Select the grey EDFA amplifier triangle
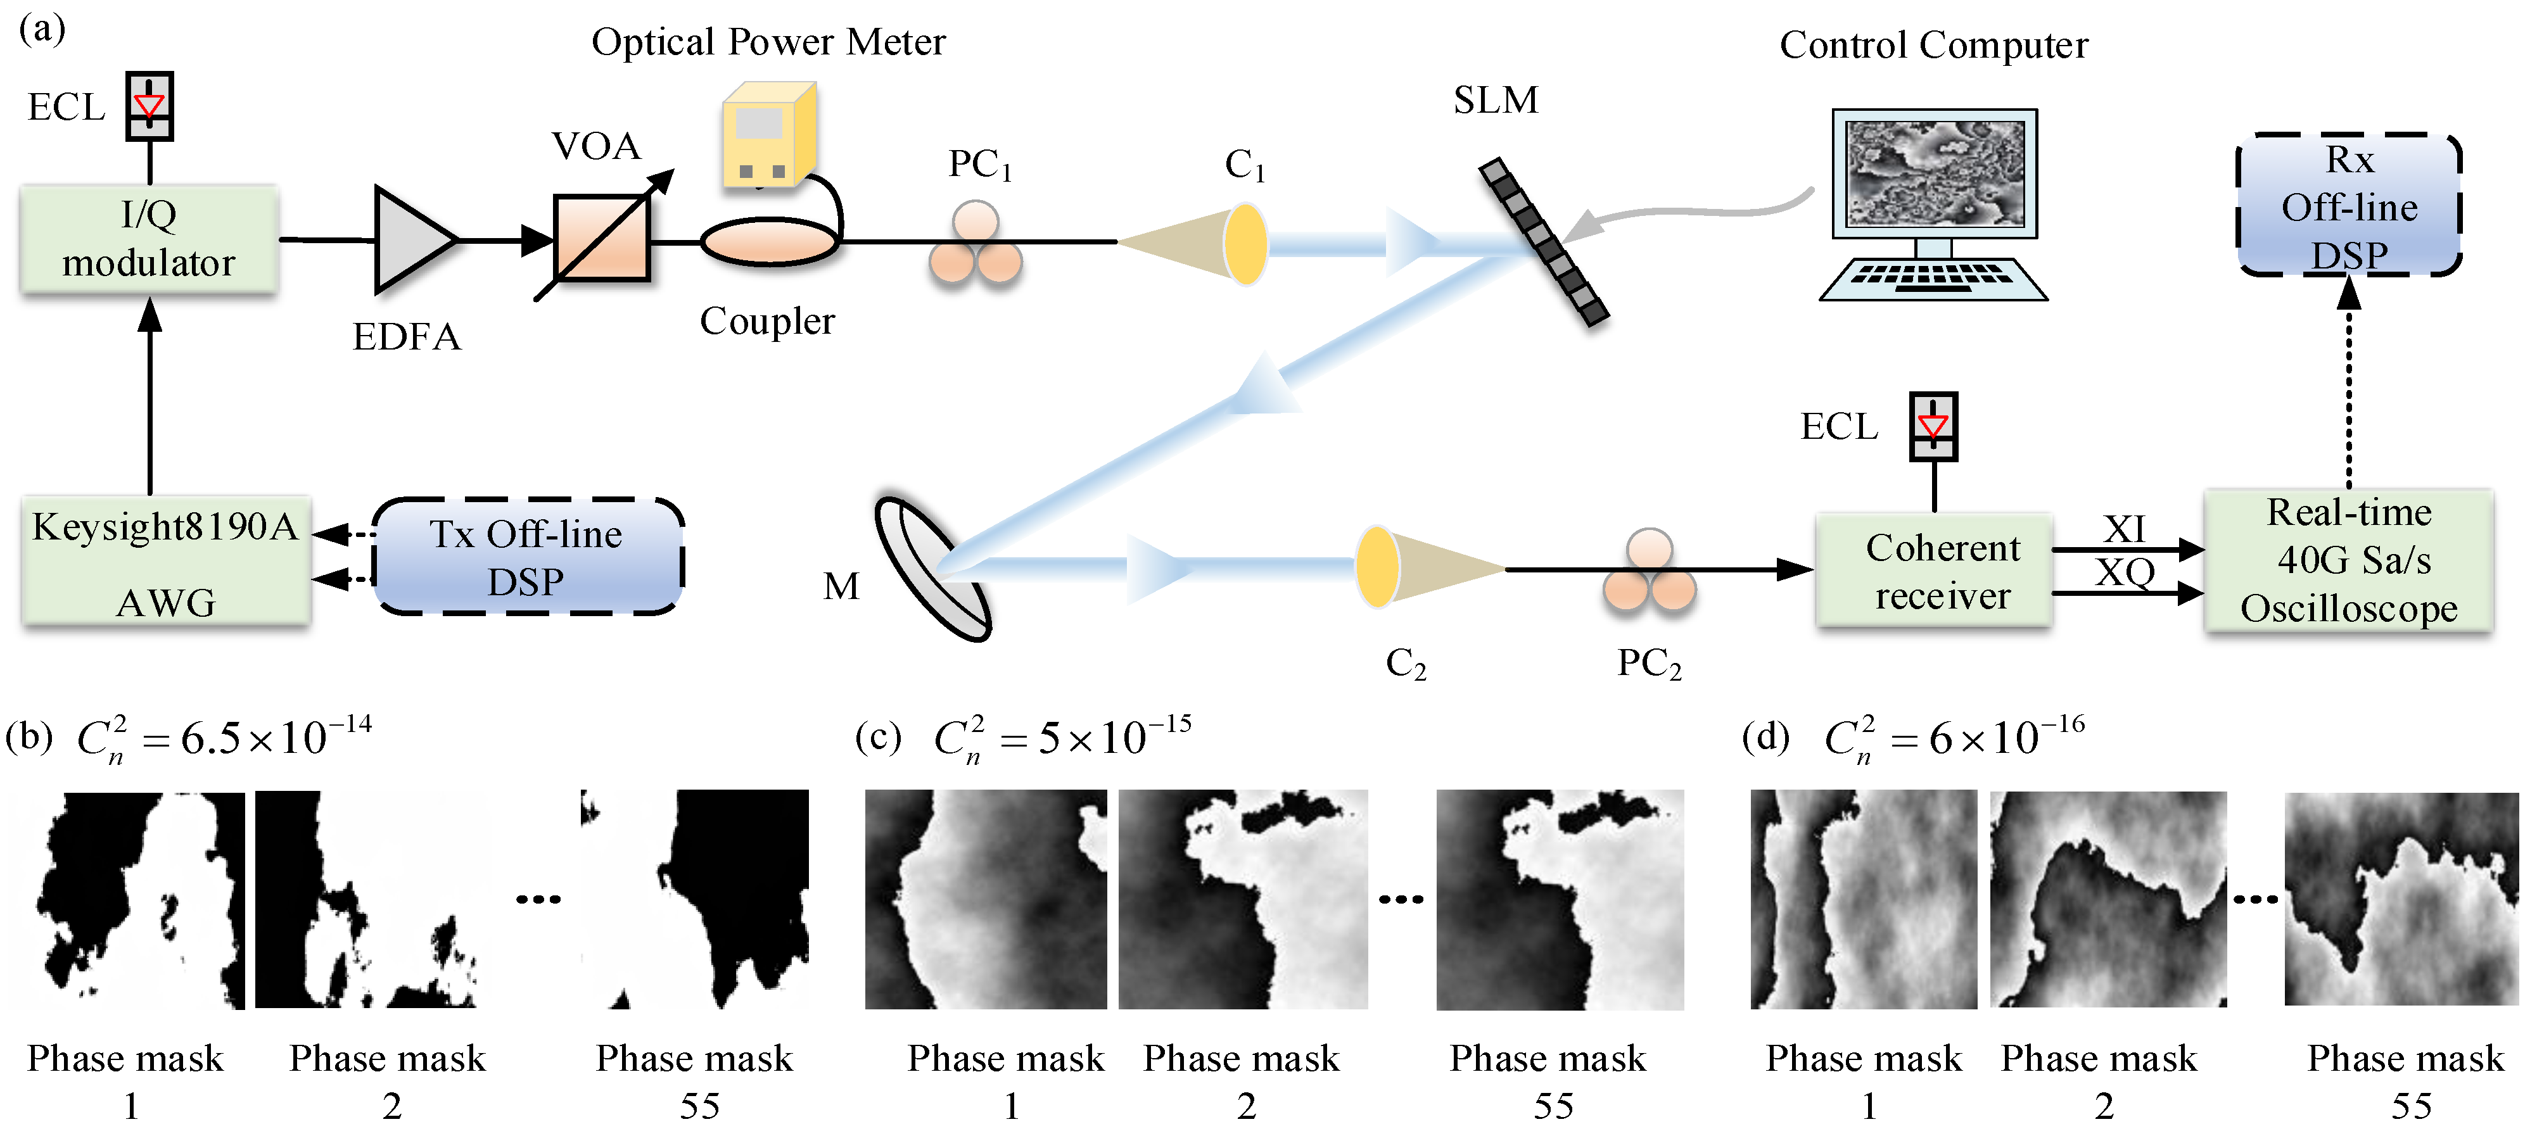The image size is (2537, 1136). click(409, 240)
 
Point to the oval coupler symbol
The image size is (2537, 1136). click(769, 241)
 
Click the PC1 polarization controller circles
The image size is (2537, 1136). click(975, 246)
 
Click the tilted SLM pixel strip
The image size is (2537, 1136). click(1543, 242)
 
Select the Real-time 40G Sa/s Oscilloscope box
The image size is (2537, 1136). click(2349, 561)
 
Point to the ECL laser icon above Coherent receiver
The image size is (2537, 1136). click(1933, 426)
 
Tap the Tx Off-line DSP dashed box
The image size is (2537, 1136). click(527, 558)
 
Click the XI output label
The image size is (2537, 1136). click(2125, 529)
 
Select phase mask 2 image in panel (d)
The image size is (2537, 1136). click(2108, 899)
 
